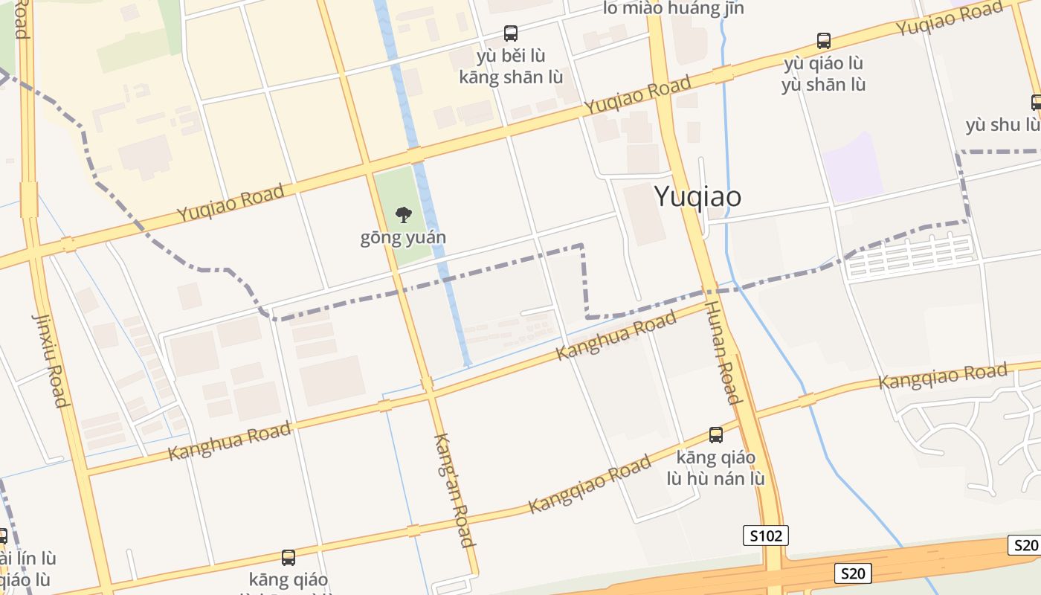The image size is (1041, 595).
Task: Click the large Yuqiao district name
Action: click(697, 196)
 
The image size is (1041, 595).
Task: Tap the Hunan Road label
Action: click(723, 352)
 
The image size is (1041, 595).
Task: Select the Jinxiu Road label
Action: click(51, 360)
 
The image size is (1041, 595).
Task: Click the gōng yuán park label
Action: click(403, 238)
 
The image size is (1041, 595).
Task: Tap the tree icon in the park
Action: click(404, 216)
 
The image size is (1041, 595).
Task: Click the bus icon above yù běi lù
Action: click(511, 33)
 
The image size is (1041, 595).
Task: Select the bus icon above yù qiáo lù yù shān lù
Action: click(823, 40)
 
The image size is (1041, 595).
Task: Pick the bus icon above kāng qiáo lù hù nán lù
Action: click(715, 435)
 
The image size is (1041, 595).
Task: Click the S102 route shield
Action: click(765, 535)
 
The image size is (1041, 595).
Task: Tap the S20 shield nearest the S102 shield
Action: click(853, 573)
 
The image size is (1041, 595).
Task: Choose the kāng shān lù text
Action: click(511, 77)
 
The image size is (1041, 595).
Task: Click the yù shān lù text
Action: click(823, 84)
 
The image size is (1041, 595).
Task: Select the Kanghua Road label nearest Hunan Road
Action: click(616, 335)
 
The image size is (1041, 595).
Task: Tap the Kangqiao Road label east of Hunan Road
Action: click(943, 376)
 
